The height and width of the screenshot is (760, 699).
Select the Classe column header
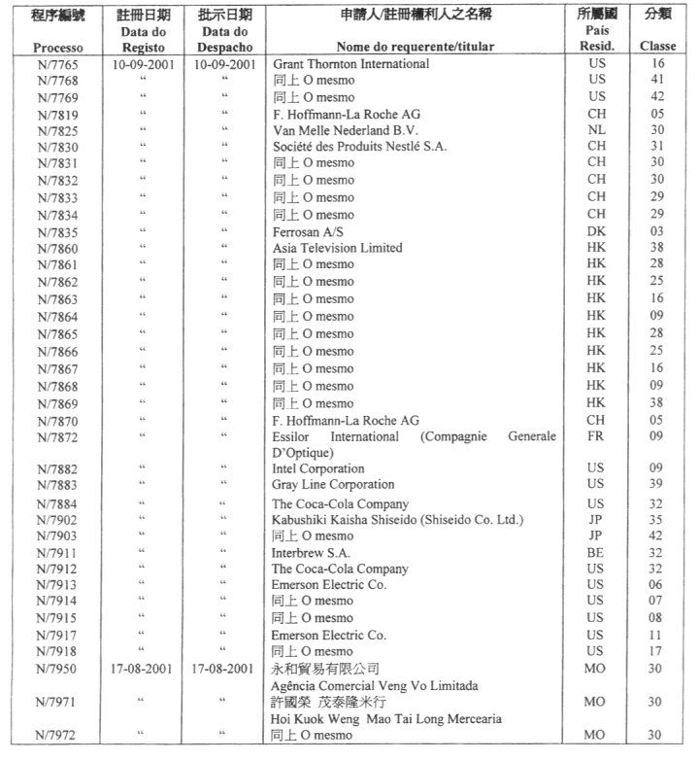657,46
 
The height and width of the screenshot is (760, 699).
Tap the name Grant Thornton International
350,64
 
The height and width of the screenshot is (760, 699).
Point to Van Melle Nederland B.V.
345,130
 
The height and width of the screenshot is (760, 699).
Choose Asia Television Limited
337,248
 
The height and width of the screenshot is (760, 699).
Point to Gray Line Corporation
333,484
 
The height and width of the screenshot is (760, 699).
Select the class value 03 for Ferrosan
657,231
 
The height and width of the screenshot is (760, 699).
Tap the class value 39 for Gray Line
657,484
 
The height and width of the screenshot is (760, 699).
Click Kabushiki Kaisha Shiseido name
398,520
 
